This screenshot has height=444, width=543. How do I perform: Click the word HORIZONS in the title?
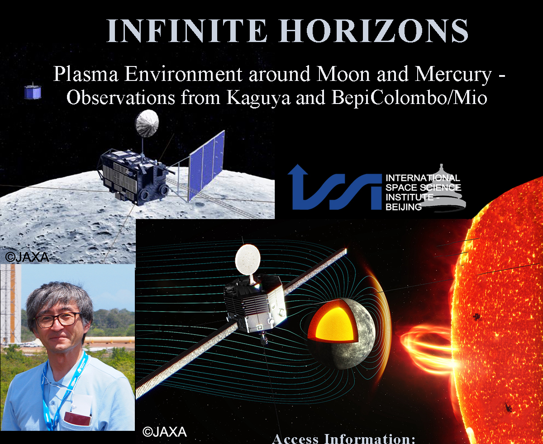tap(374, 31)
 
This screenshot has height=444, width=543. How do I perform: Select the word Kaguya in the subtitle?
tap(258, 98)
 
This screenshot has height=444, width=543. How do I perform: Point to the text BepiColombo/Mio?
tap(410, 98)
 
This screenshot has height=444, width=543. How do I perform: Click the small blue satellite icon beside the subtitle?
tap(33, 91)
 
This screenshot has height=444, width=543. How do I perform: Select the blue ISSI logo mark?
tap(335, 187)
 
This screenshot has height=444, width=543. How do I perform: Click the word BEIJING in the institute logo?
tap(404, 207)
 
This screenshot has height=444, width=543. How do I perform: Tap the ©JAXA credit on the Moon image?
tap(27, 257)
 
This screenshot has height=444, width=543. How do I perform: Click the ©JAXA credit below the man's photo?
tap(165, 432)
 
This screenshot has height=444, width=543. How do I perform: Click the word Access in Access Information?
tap(295, 439)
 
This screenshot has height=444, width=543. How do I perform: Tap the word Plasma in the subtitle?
tap(86, 74)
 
